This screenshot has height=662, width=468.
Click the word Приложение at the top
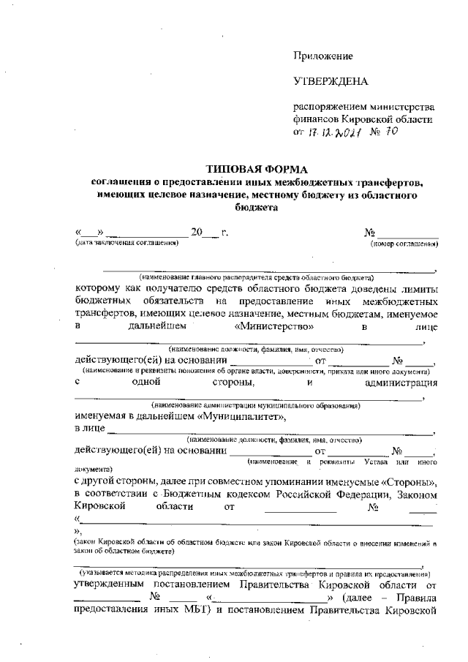[x=323, y=56]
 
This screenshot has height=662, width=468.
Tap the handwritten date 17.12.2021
[x=336, y=133]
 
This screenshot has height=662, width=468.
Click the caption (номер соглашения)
[x=404, y=242]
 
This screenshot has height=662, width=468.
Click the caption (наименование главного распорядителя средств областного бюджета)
[x=257, y=277]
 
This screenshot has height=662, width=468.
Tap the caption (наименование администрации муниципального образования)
[x=255, y=405]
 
